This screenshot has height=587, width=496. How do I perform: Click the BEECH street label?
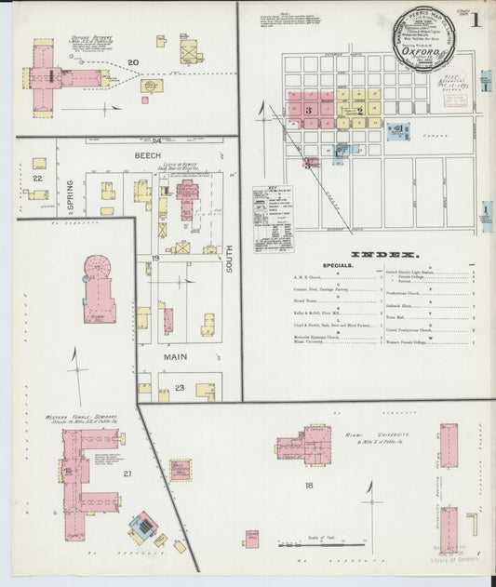click(147, 154)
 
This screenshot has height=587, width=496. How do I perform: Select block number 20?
click(133, 63)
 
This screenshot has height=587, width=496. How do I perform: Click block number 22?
click(38, 177)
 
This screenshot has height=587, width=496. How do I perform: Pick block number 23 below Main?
click(179, 388)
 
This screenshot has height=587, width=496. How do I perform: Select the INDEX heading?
click(385, 254)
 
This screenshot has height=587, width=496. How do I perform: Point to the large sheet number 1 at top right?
click(476, 18)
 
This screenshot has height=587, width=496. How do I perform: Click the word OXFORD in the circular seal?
click(415, 54)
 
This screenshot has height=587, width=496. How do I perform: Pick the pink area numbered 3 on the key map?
click(308, 109)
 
